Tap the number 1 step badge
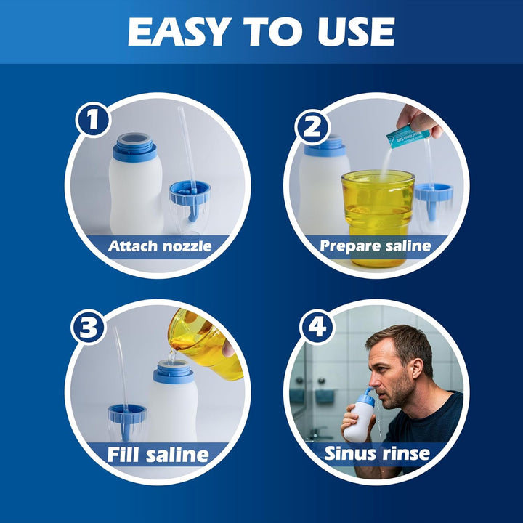point(92,120)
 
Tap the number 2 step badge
point(312,128)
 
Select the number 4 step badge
point(316,328)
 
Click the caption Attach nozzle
point(160,246)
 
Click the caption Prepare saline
point(376,246)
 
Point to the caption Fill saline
point(158,455)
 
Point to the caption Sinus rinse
point(376,454)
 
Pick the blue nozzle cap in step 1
point(190,195)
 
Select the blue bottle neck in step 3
point(174,373)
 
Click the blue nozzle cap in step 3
point(127,416)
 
